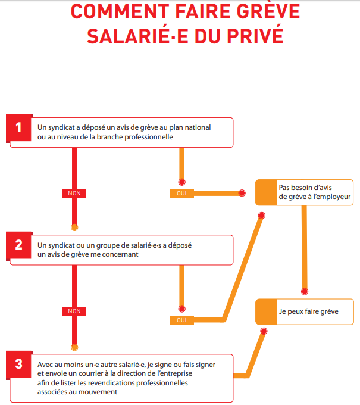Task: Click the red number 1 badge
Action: point(18,128)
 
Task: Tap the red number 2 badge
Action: point(18,245)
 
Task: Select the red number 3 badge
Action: point(18,364)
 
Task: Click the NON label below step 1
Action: point(74,193)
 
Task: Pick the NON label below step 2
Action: point(74,311)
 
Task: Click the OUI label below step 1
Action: point(182,193)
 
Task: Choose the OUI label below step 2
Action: point(182,320)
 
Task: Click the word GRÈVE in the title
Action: point(268,11)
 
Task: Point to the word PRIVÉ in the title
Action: point(255,36)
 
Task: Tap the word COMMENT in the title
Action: point(120,12)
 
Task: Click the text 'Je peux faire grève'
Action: point(309,311)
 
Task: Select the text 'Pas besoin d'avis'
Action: point(305,187)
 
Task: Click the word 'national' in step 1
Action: point(199,127)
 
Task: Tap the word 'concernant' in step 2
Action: point(120,254)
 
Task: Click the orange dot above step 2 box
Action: point(74,228)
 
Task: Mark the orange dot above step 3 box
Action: point(74,347)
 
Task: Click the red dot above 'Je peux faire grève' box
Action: point(305,292)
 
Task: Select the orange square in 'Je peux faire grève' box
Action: point(266,311)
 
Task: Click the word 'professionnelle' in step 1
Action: point(149,137)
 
